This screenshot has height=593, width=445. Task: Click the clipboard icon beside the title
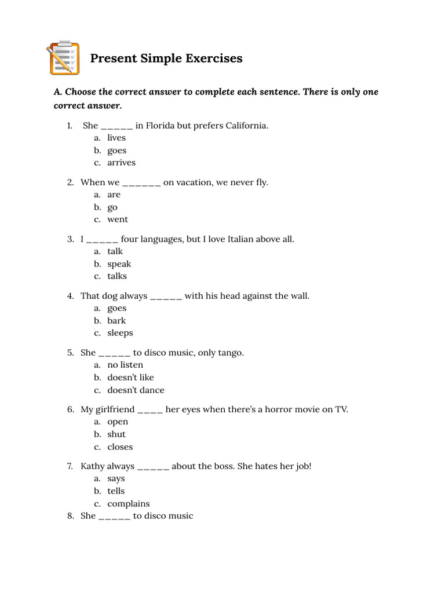[x=63, y=58]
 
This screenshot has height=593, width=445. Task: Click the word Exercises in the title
[x=214, y=58]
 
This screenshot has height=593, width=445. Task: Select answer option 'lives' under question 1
[x=116, y=138]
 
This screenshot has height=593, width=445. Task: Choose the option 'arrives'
[x=121, y=163]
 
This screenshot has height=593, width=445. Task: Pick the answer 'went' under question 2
[x=118, y=219]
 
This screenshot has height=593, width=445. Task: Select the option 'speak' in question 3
[x=119, y=264]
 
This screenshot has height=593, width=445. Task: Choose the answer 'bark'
[x=116, y=321]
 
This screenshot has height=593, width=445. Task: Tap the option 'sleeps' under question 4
[x=120, y=333]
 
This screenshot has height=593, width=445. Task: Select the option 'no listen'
[x=125, y=365]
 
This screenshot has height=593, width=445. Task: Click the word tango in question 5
[x=231, y=353]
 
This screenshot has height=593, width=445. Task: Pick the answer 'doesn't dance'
[x=136, y=390]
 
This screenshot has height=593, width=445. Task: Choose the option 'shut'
[x=116, y=434]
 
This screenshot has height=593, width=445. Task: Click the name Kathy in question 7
[x=93, y=466]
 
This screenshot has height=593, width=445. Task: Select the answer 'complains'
[x=128, y=504]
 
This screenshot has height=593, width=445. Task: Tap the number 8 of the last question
[x=70, y=516]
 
